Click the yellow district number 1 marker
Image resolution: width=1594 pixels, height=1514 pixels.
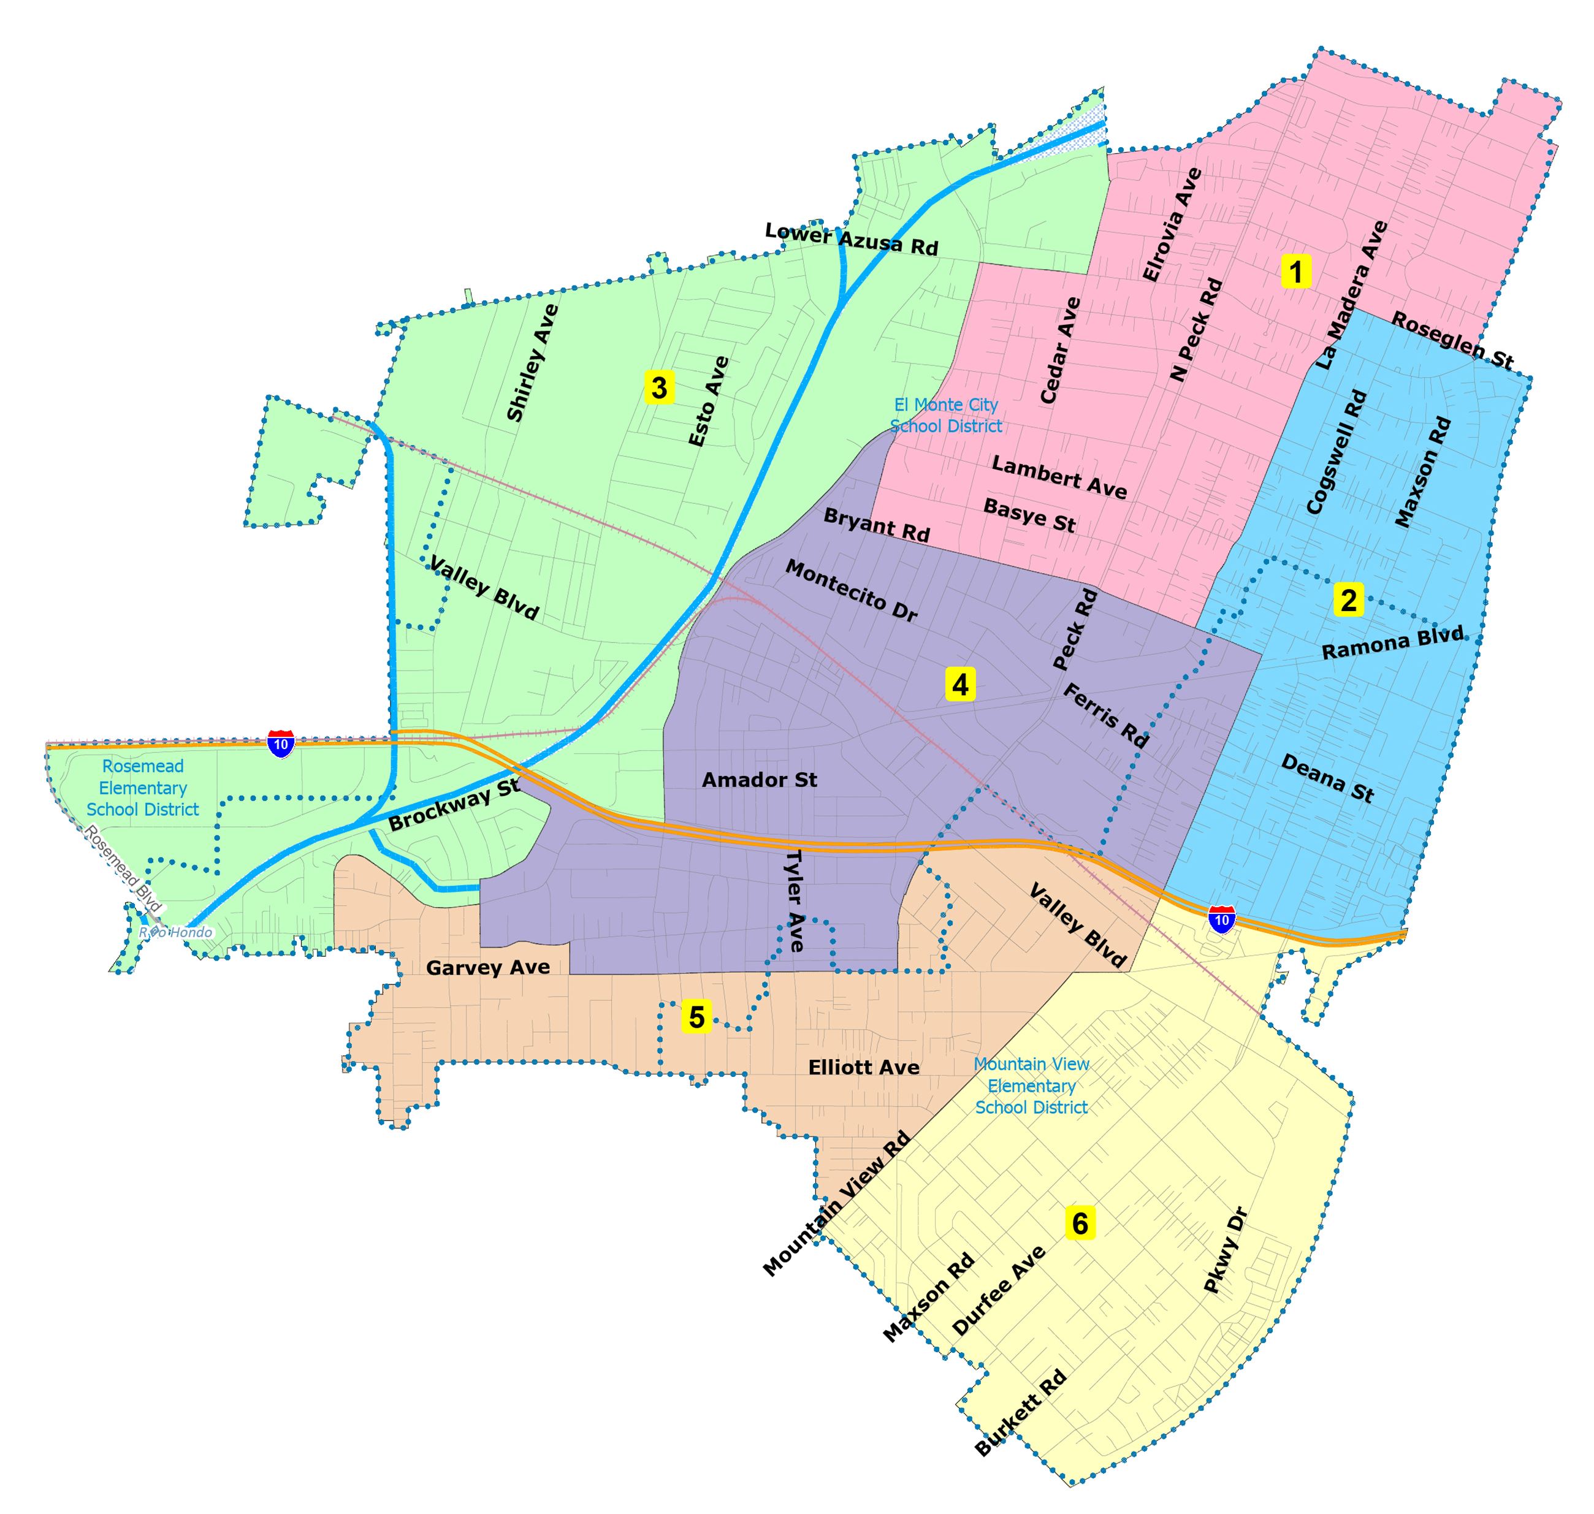(1295, 272)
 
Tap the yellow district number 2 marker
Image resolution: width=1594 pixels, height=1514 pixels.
(1348, 599)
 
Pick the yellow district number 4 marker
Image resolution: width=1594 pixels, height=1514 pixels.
(959, 685)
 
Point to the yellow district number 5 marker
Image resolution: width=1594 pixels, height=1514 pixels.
(696, 1017)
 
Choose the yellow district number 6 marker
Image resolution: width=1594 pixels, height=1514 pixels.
(1080, 1223)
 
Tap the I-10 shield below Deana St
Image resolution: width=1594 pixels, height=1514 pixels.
(1221, 919)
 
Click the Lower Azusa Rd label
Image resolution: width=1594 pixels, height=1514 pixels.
(852, 239)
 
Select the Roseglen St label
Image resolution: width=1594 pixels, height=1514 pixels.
(1452, 341)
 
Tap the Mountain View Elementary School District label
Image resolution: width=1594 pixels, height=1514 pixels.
(1031, 1086)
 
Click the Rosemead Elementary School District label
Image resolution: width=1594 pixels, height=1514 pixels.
(143, 788)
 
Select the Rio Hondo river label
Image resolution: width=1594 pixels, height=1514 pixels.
(176, 932)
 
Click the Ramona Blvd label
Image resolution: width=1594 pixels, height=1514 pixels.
(1392, 642)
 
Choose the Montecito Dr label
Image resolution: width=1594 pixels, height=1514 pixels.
(851, 592)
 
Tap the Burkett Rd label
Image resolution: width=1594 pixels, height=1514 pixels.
(1020, 1412)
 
